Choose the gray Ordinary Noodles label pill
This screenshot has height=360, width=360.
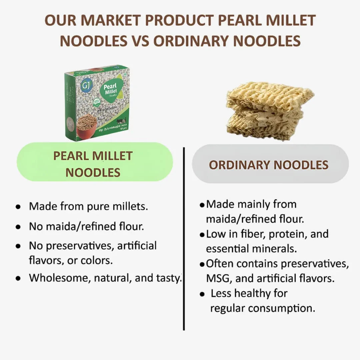[x=270, y=165]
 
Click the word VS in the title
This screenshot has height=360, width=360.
[x=140, y=41]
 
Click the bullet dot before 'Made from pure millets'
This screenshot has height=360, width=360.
[x=18, y=207]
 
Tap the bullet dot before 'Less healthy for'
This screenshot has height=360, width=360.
[x=202, y=294]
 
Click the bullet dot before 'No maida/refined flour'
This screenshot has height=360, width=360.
[x=18, y=227]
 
